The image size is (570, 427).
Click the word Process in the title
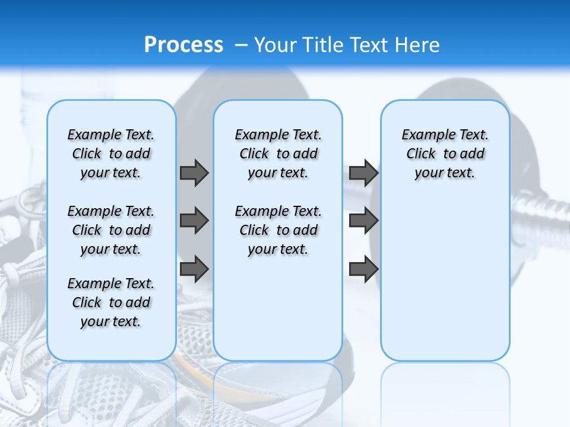click(183, 44)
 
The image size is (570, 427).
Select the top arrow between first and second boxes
click(194, 173)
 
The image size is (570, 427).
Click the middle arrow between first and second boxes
click(194, 221)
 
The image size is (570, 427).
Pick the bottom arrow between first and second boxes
click(194, 269)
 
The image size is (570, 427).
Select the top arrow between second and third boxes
click(363, 173)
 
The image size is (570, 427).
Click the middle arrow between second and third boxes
click(363, 221)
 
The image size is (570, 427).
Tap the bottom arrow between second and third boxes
click(363, 269)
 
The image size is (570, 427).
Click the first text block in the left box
click(111, 154)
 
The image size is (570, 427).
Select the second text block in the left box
click(111, 230)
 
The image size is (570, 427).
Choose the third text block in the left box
click(111, 302)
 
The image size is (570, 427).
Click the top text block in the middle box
click(278, 154)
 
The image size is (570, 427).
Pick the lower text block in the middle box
click(278, 230)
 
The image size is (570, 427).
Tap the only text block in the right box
click(445, 154)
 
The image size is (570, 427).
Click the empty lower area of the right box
click(445, 279)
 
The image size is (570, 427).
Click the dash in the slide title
click(241, 45)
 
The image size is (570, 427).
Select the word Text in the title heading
click(369, 45)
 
